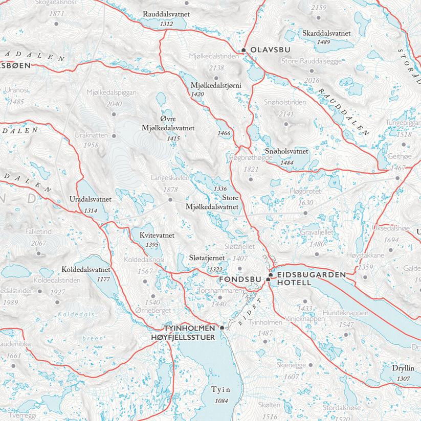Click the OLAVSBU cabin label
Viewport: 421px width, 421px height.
(x=268, y=50)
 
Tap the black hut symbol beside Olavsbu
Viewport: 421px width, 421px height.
(x=244, y=50)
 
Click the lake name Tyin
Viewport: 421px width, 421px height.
(x=221, y=390)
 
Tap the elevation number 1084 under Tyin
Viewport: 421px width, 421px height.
(x=221, y=400)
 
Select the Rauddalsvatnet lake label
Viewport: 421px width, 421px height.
(x=166, y=14)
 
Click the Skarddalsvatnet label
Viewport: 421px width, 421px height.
(x=326, y=33)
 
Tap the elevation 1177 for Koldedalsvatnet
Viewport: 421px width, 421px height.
(x=103, y=279)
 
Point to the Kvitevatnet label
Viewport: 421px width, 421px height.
(x=157, y=236)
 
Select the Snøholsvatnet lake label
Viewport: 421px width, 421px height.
(x=286, y=152)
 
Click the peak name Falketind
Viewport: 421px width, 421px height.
(x=38, y=232)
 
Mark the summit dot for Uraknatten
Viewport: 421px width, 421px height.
(x=114, y=136)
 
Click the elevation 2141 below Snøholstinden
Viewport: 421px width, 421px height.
(x=286, y=113)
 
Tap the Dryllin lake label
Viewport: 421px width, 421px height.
(x=403, y=368)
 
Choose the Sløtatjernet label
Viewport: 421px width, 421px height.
(x=209, y=259)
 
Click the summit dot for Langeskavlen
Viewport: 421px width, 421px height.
(x=170, y=200)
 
